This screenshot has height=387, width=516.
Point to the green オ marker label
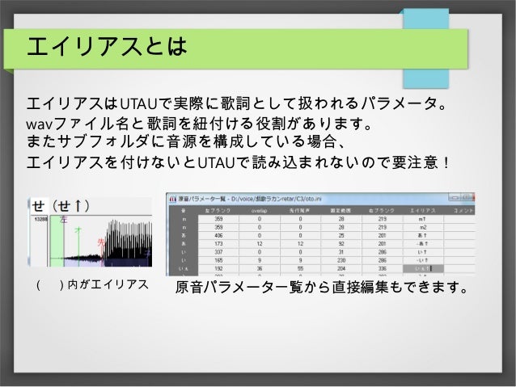tap(78, 231)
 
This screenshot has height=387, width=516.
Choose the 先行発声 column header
tap(293, 210)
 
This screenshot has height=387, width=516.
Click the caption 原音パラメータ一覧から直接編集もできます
tap(321, 286)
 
